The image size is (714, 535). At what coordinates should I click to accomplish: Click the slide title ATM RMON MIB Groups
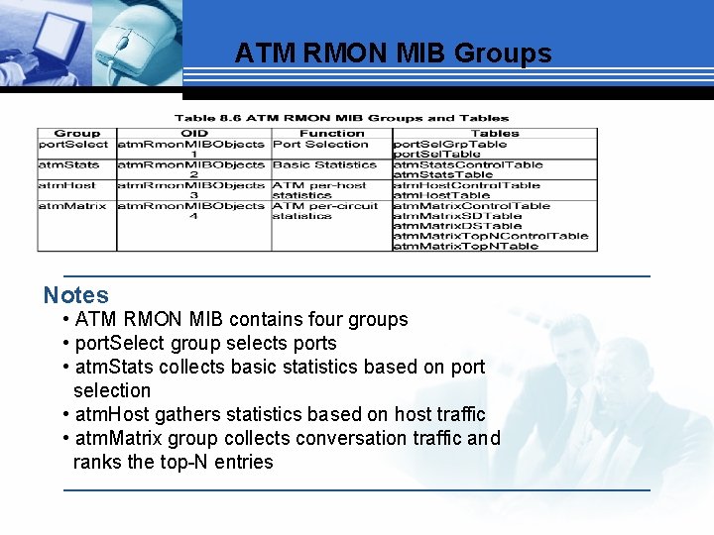pyautogui.click(x=393, y=53)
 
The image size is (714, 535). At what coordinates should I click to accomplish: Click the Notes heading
pyautogui.click(x=76, y=294)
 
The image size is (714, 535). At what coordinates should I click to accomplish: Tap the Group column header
pyautogui.click(x=76, y=133)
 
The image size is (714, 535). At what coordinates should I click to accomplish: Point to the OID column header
pyautogui.click(x=194, y=133)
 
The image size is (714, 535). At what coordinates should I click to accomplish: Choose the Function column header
pyautogui.click(x=331, y=133)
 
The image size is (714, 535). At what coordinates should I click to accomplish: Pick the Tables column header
pyautogui.click(x=495, y=133)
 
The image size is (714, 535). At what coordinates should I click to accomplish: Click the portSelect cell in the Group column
pyautogui.click(x=73, y=145)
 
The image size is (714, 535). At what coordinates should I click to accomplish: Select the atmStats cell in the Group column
pyautogui.click(x=69, y=165)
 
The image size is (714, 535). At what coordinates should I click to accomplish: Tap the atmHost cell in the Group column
pyautogui.click(x=66, y=185)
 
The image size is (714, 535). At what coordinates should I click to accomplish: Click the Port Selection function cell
pyautogui.click(x=320, y=145)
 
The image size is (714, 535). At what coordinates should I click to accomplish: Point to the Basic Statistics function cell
pyautogui.click(x=324, y=165)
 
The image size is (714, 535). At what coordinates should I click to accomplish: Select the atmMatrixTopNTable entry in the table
pyautogui.click(x=466, y=246)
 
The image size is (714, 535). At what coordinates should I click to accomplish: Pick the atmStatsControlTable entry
pyautogui.click(x=468, y=165)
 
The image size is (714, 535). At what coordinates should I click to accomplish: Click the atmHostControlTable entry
pyautogui.click(x=467, y=185)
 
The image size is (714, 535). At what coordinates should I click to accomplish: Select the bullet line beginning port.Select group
pyautogui.click(x=205, y=343)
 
